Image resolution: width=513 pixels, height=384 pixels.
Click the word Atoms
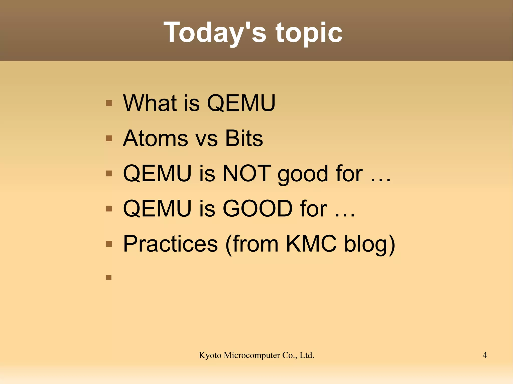click(155, 138)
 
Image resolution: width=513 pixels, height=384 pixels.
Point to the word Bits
click(244, 138)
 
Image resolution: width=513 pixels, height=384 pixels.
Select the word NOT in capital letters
click(247, 173)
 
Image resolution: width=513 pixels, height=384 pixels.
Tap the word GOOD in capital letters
click(258, 208)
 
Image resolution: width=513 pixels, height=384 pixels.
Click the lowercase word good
click(303, 175)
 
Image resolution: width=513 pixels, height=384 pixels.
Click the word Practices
click(171, 244)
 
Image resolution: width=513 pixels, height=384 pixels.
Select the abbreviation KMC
click(311, 244)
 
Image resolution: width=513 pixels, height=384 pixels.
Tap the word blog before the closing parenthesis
click(365, 245)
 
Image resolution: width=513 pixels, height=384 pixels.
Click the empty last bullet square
click(109, 277)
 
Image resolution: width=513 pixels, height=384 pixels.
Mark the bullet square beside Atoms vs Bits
click(109, 138)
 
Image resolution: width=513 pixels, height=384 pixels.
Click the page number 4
click(485, 355)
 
